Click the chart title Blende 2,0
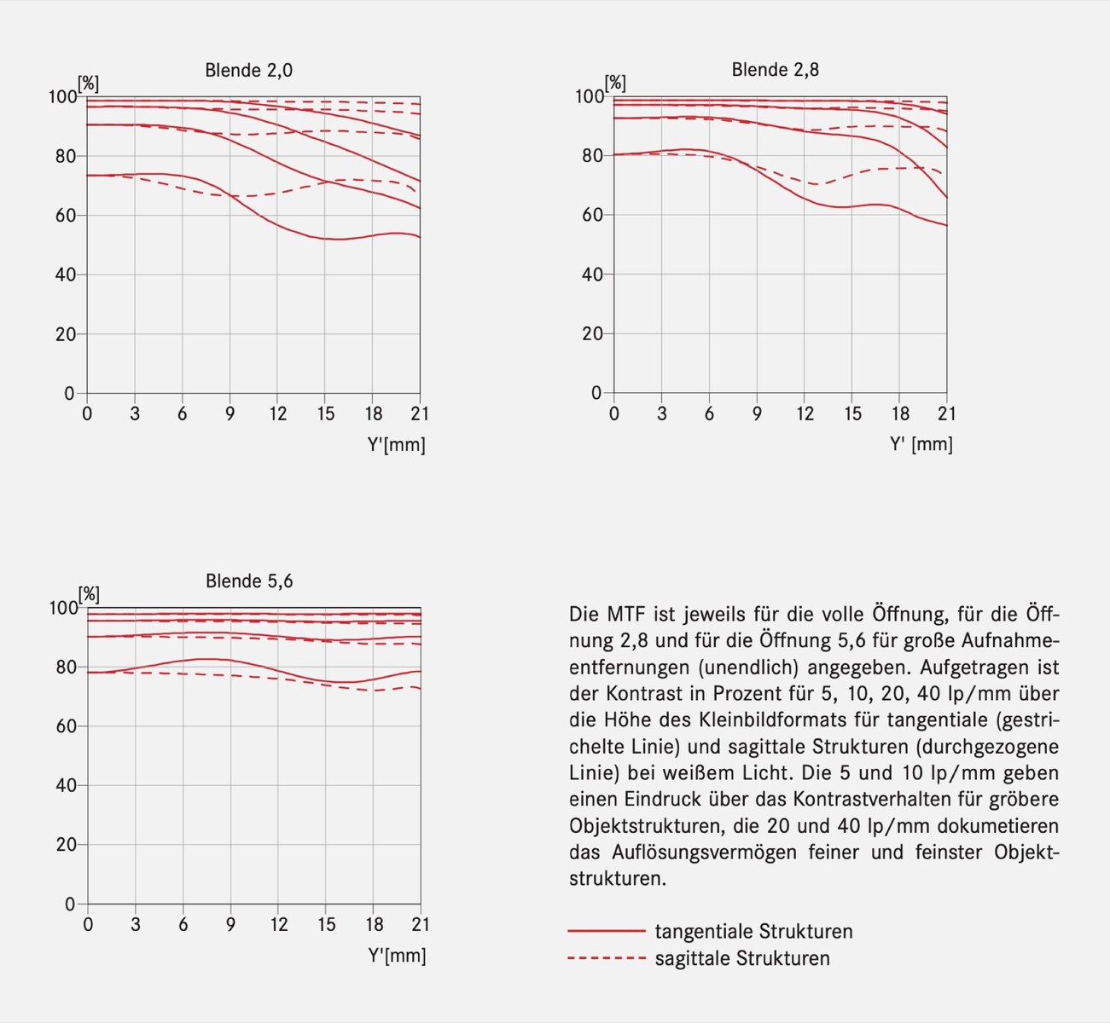[248, 70]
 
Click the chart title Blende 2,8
[775, 70]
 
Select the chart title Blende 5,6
[249, 581]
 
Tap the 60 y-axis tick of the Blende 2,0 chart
[65, 216]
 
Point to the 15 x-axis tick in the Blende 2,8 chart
[853, 414]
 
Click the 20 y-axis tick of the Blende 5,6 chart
[65, 845]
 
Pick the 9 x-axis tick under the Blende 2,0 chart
[230, 414]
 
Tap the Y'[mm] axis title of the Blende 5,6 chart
[397, 956]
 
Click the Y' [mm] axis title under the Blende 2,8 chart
[921, 444]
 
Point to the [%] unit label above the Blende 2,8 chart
[615, 83]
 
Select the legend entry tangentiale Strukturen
[753, 932]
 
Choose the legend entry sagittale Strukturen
[742, 959]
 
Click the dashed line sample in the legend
[606, 959]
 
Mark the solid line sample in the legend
[606, 931]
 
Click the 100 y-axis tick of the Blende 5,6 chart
[63, 608]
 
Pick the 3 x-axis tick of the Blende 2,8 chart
[661, 414]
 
